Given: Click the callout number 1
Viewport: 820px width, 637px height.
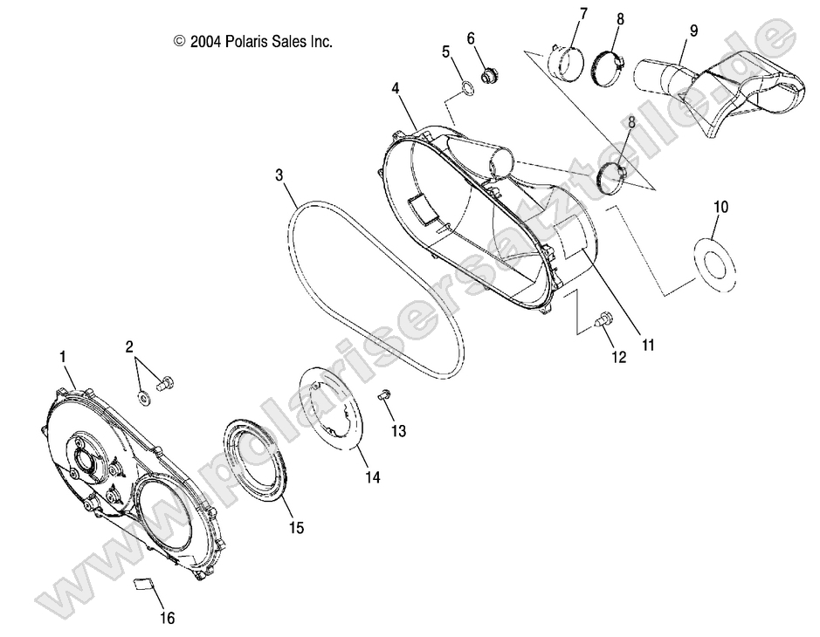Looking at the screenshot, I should pyautogui.click(x=63, y=356).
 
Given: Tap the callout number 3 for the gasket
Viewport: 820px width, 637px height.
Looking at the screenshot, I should pyautogui.click(x=279, y=175).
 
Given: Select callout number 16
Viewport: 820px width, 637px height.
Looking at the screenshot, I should pyautogui.click(x=167, y=618).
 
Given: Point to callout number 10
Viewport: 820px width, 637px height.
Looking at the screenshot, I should pyautogui.click(x=720, y=208).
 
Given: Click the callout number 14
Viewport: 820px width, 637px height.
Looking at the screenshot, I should pyautogui.click(x=373, y=478).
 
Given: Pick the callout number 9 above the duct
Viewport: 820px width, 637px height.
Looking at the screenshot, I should pyautogui.click(x=693, y=31).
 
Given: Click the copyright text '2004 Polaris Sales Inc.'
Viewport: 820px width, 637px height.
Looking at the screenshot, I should pyautogui.click(x=253, y=41).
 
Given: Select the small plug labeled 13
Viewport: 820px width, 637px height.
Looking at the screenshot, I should pyautogui.click(x=383, y=397).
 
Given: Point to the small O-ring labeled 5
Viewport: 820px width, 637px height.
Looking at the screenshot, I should pyautogui.click(x=467, y=86).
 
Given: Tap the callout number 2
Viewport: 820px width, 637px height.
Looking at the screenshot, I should pyautogui.click(x=129, y=346).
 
